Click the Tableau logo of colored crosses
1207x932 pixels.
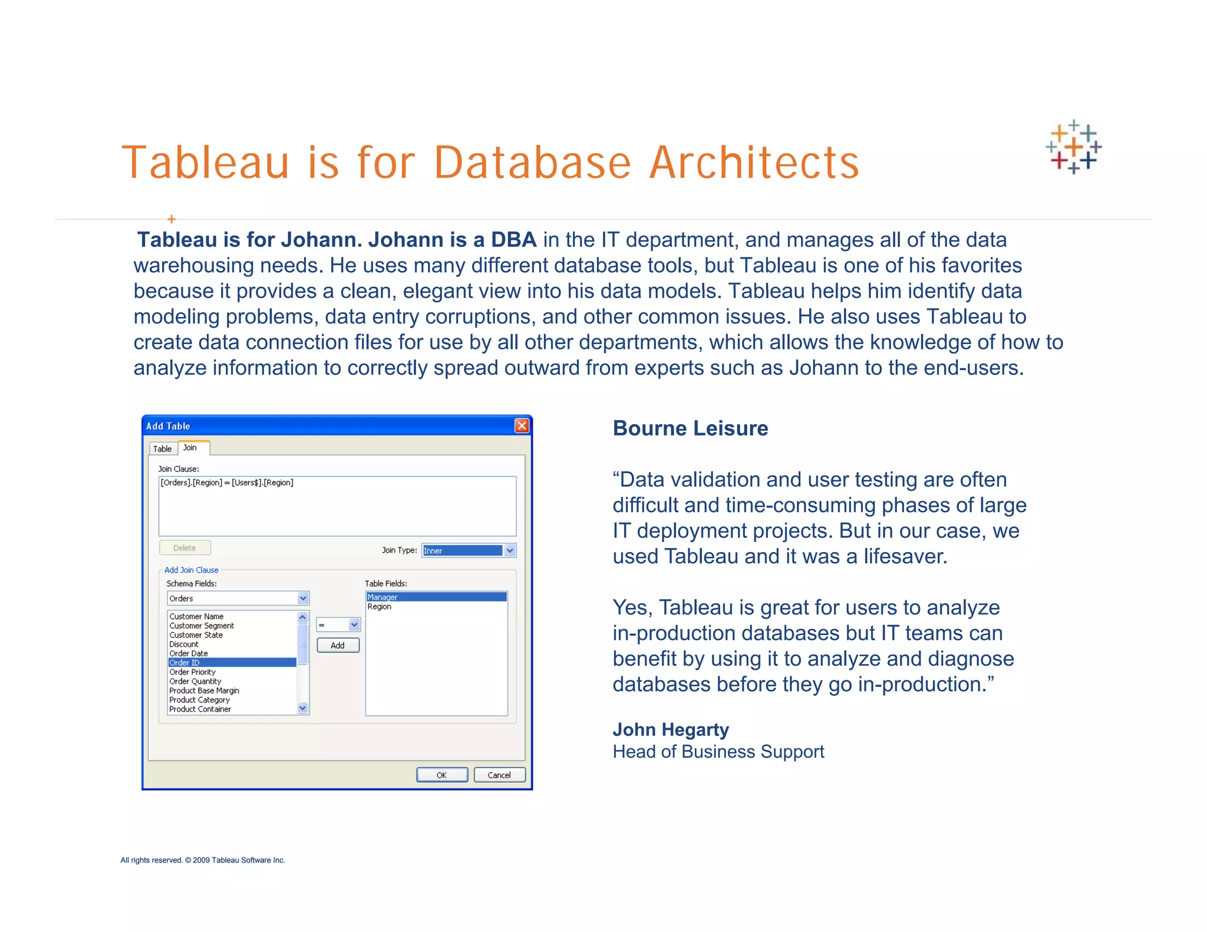[1073, 147]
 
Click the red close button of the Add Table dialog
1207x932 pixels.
[522, 425]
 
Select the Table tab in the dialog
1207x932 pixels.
[162, 449]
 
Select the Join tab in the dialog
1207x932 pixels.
[190, 448]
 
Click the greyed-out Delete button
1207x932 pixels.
[184, 548]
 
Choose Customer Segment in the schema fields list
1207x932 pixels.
[202, 626]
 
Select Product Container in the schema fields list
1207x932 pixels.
[200, 709]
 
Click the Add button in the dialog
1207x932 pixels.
[338, 646]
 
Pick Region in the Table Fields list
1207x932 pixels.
[380, 607]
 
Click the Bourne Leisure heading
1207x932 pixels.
[690, 428]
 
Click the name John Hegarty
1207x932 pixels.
[671, 730]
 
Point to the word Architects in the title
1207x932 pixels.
[754, 163]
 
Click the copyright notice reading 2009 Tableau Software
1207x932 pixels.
[203, 860]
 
